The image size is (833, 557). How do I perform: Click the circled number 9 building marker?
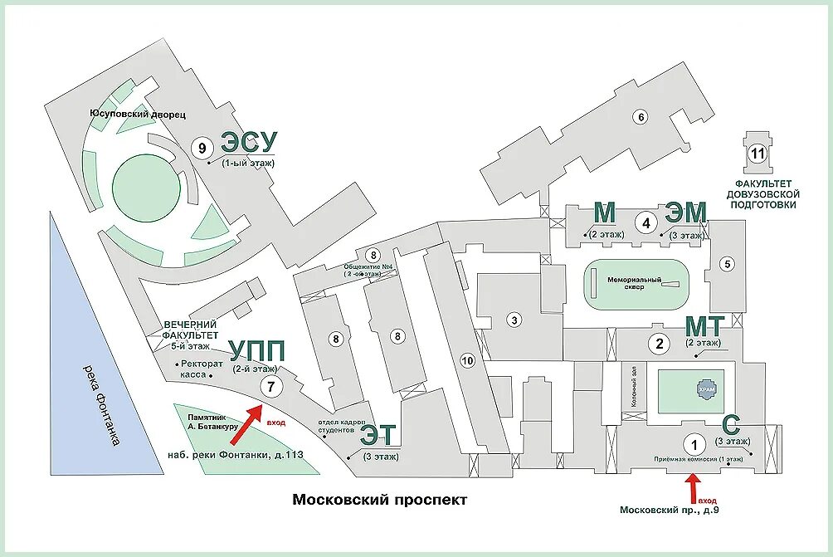pos(200,148)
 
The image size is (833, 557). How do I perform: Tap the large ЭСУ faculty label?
pos(248,144)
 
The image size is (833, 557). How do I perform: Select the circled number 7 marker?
pos(270,386)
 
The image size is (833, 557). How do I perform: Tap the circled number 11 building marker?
pos(756,153)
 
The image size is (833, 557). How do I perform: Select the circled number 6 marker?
pos(640,117)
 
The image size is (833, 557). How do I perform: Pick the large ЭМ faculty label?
pos(685,213)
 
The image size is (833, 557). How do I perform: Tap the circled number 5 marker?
pos(728,265)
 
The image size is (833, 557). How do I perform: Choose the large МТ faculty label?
pos(704,325)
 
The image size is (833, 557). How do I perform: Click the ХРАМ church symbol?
pos(704,388)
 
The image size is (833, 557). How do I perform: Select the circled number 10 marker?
pos(467,360)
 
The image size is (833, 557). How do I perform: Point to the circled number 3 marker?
pos(514,320)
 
